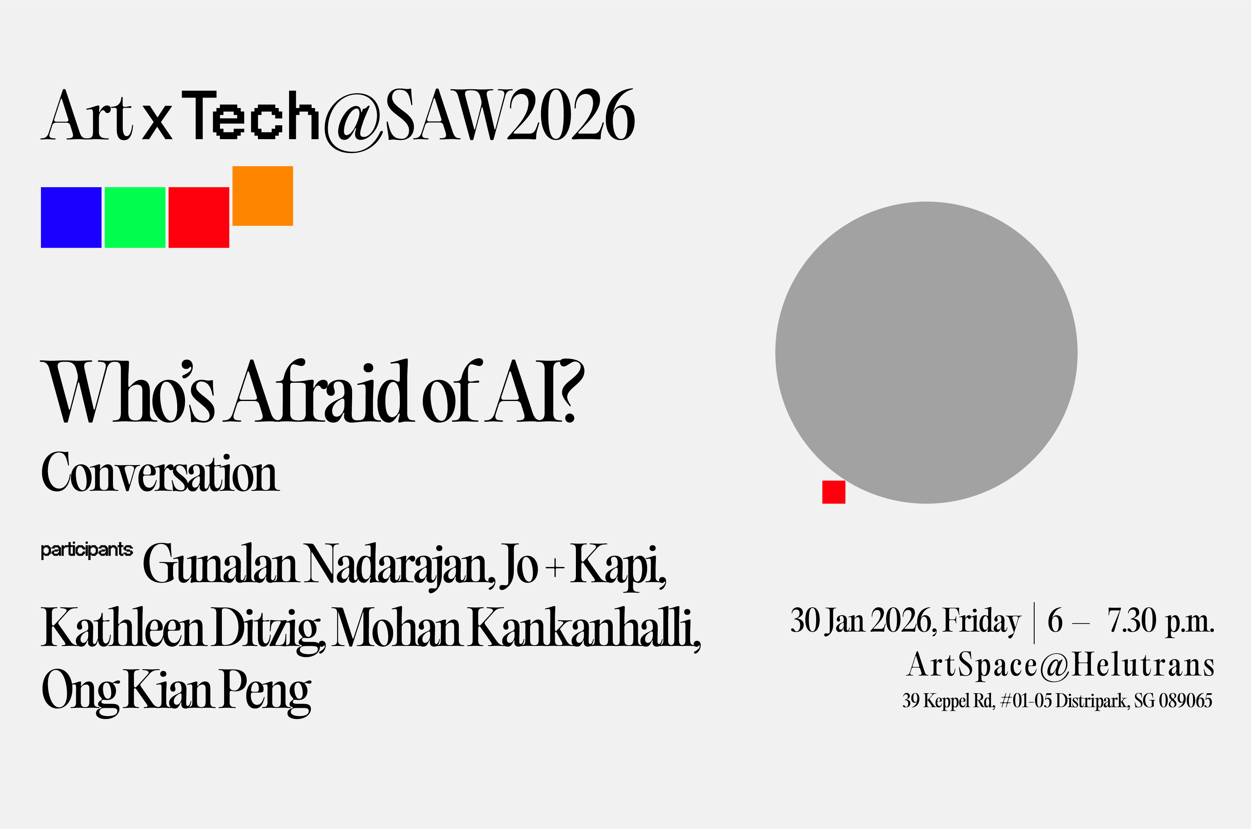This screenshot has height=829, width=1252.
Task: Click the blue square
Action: (71, 217)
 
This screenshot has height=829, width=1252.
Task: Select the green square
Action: (135, 217)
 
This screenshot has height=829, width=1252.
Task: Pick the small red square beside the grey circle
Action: (833, 492)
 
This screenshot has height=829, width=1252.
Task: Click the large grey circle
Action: (926, 353)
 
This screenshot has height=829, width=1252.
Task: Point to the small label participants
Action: (87, 550)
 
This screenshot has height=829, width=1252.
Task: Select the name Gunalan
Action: (220, 565)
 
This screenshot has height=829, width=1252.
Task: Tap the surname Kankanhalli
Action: (585, 628)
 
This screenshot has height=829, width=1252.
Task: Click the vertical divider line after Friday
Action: (1034, 623)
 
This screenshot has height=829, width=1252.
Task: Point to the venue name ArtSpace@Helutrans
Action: (1061, 665)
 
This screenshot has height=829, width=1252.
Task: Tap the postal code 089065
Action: (1185, 701)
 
